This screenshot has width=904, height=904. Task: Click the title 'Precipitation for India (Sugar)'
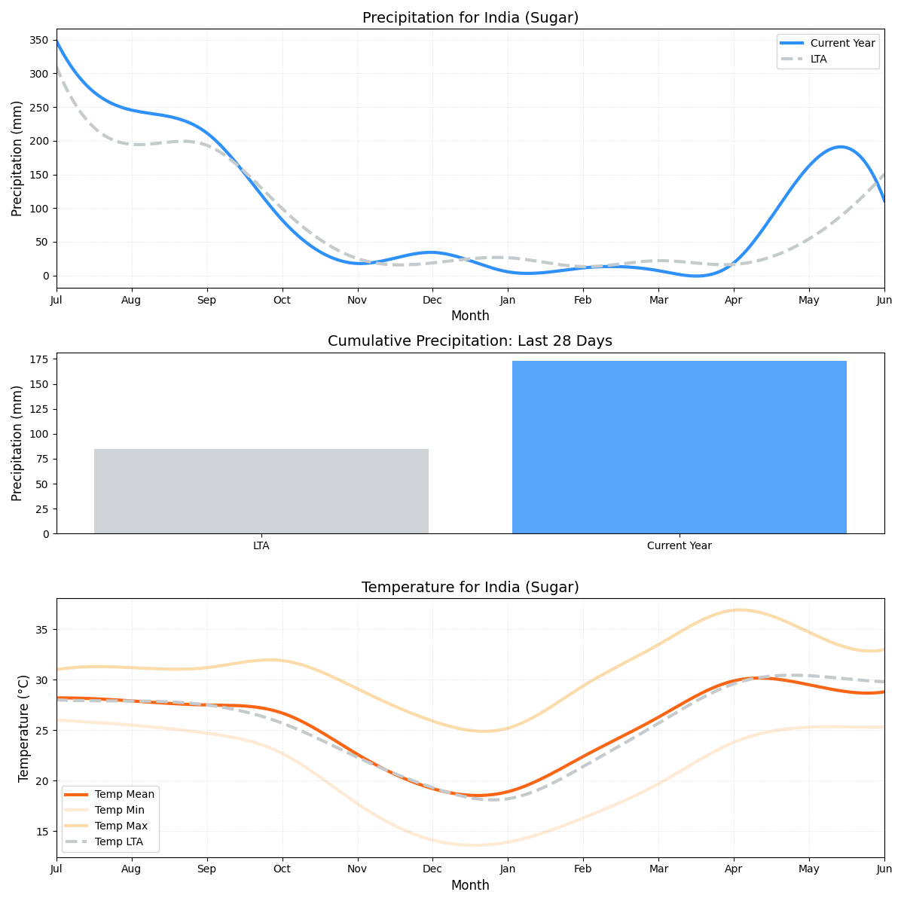click(470, 18)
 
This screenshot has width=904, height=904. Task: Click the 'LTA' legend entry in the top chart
click(818, 59)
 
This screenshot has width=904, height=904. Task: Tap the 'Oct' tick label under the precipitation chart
click(282, 300)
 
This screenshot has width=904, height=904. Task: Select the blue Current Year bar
click(679, 447)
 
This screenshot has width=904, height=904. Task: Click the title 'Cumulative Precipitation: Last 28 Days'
click(470, 341)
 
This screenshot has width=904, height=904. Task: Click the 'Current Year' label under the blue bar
click(679, 545)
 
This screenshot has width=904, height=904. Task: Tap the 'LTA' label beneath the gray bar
click(261, 545)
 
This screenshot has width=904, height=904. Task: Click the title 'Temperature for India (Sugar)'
click(470, 588)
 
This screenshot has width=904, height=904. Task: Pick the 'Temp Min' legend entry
click(119, 810)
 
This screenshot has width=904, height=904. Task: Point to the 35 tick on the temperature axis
click(42, 630)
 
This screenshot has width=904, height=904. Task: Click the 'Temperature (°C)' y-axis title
click(23, 728)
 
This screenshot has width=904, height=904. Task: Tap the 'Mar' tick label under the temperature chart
click(658, 869)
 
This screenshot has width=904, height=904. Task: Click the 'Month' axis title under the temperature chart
click(470, 885)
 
